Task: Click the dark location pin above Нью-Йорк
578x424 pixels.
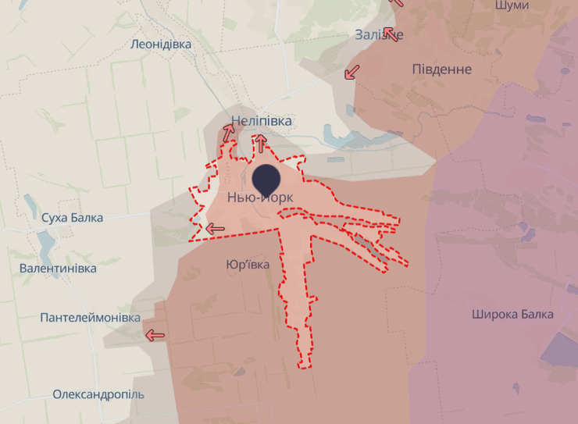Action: pyautogui.click(x=266, y=178)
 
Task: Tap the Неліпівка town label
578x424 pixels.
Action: pyautogui.click(x=261, y=121)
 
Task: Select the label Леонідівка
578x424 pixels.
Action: pyautogui.click(x=161, y=45)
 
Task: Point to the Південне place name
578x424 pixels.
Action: pyautogui.click(x=441, y=69)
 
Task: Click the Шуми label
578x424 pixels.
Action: pyautogui.click(x=512, y=5)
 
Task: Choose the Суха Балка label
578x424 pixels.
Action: pyautogui.click(x=72, y=218)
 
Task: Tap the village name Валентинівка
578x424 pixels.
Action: pyautogui.click(x=58, y=268)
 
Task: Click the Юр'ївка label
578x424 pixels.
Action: pyautogui.click(x=248, y=265)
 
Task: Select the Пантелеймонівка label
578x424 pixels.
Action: pyautogui.click(x=90, y=318)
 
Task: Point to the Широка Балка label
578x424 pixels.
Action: pyautogui.click(x=512, y=314)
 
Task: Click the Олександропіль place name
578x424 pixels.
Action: pyautogui.click(x=98, y=394)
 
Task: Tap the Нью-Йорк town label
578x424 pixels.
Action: pyautogui.click(x=260, y=198)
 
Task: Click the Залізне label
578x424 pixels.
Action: pyautogui.click(x=379, y=35)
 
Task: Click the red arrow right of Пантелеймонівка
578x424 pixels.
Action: pyautogui.click(x=155, y=336)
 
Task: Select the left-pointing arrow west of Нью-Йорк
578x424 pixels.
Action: pyautogui.click(x=215, y=229)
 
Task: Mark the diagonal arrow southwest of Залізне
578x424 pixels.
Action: pyautogui.click(x=352, y=72)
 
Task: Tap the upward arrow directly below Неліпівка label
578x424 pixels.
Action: pyautogui.click(x=260, y=142)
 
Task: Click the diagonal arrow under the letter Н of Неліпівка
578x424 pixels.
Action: pyautogui.click(x=228, y=134)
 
